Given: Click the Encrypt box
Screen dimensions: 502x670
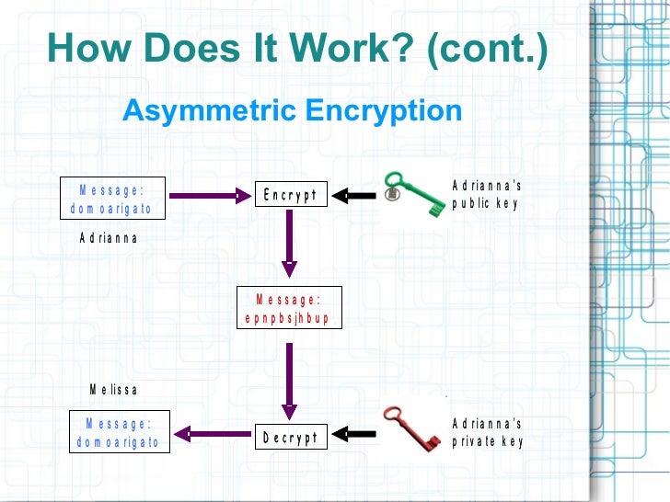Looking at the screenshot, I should [290, 194].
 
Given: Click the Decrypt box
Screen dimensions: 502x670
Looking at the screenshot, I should [290, 437].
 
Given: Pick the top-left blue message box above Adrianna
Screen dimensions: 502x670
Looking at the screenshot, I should [112, 200].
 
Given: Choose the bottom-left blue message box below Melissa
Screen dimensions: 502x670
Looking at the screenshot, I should [121, 432].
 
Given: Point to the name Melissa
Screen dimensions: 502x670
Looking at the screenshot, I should [113, 390].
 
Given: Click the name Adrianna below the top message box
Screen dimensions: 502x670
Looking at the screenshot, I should [109, 237].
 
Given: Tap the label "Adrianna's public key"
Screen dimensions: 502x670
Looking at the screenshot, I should [487, 195].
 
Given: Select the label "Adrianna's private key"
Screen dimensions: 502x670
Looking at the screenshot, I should [487, 432].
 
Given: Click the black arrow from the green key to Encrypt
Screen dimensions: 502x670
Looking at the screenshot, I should [353, 195].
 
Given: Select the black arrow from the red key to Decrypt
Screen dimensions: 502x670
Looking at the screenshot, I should [353, 433].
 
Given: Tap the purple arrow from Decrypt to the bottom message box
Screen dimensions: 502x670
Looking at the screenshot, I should [214, 433].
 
